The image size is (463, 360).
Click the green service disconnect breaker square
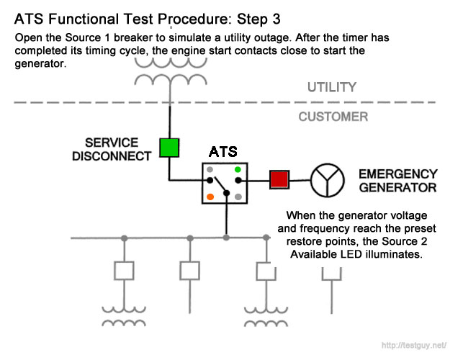click(x=168, y=148)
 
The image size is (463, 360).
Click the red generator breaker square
click(x=279, y=180)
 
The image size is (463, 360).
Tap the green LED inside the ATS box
click(x=237, y=170)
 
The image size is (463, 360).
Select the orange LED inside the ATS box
click(x=210, y=196)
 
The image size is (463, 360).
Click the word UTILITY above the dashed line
click(x=332, y=88)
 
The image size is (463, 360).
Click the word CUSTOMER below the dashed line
click(x=333, y=117)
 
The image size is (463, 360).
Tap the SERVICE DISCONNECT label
click(x=112, y=148)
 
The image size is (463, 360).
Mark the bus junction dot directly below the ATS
click(x=227, y=237)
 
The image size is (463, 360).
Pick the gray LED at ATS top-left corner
click(x=210, y=170)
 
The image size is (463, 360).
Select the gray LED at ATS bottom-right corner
click(x=237, y=196)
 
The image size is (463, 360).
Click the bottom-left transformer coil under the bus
click(x=123, y=314)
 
